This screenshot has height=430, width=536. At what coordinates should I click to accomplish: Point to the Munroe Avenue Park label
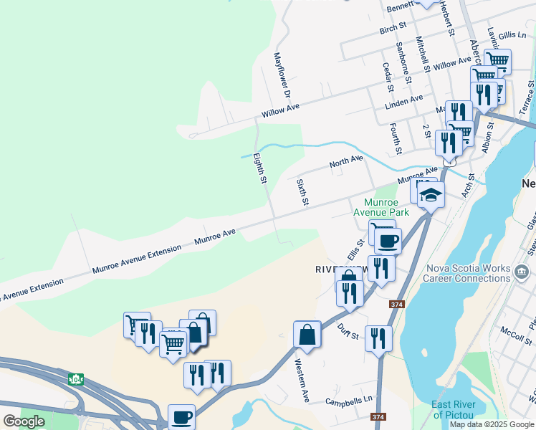[386, 208]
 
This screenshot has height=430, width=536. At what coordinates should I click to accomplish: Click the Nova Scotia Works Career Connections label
[468, 273]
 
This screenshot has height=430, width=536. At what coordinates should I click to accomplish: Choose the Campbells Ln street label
[349, 401]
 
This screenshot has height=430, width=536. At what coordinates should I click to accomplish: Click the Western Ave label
[302, 379]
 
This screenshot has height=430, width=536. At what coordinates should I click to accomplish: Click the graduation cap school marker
[431, 194]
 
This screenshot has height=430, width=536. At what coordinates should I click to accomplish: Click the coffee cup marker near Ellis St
[388, 241]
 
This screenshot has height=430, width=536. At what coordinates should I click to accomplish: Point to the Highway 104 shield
[76, 378]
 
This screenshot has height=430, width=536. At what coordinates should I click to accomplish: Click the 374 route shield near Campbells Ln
[378, 416]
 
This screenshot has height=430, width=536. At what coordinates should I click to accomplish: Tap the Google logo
[24, 421]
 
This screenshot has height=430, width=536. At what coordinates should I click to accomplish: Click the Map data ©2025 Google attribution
[492, 424]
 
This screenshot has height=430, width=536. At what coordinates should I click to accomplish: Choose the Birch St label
[393, 27]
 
